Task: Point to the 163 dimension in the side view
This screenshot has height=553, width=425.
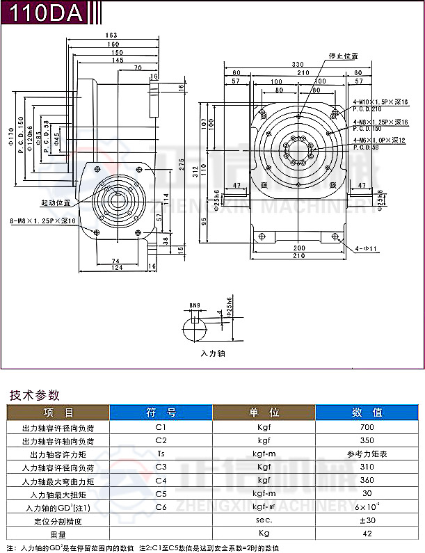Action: click(x=111, y=35)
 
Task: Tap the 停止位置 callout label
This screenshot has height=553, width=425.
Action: click(x=344, y=55)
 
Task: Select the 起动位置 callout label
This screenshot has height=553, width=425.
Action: click(x=56, y=203)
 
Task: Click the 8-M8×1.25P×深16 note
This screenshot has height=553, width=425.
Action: click(x=42, y=221)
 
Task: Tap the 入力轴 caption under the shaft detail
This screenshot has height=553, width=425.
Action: click(x=212, y=353)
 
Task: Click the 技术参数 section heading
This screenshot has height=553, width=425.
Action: click(x=34, y=396)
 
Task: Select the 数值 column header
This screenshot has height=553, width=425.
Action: click(x=367, y=412)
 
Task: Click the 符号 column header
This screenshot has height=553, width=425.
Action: click(x=161, y=412)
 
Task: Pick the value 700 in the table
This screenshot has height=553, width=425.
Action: click(x=367, y=427)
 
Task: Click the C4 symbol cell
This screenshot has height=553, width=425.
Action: click(x=161, y=480)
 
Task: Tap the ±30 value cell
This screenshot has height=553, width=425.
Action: click(x=367, y=520)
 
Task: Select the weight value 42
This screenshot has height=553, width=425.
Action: click(x=367, y=533)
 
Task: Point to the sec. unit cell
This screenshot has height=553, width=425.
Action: click(x=264, y=520)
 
